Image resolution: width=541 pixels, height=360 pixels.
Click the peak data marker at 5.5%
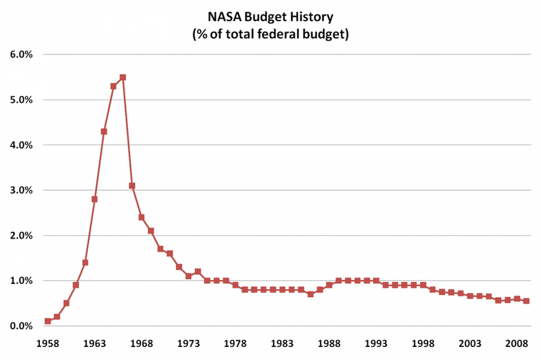point(123,77)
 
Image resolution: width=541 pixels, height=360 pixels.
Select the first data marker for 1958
point(48,321)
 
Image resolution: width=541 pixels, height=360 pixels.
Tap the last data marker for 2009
point(527,301)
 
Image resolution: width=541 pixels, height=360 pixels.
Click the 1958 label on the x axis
point(48,343)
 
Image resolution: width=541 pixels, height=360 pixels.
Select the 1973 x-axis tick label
point(189,343)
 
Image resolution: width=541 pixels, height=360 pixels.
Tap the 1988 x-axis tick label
point(329,343)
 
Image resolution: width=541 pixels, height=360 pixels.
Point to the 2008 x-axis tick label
point(517,343)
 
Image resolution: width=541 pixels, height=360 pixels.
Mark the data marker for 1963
point(94,199)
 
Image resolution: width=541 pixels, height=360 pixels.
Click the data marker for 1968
point(142,218)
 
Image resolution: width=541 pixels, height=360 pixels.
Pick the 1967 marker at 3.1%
point(132,186)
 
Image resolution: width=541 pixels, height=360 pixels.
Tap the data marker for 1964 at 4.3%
point(104,131)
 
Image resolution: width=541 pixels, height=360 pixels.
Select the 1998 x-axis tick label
point(424,343)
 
